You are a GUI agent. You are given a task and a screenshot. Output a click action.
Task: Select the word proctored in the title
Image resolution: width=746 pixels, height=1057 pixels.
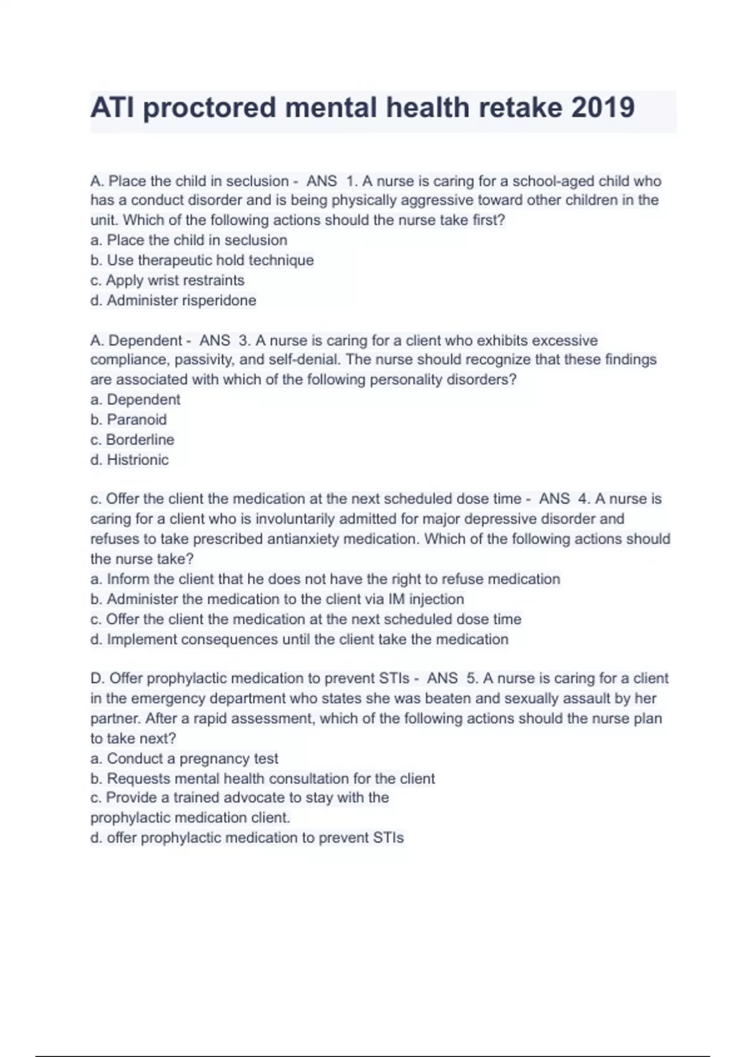pos(210,108)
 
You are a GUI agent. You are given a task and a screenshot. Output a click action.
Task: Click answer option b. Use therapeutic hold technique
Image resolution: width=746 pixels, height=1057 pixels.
pos(202,260)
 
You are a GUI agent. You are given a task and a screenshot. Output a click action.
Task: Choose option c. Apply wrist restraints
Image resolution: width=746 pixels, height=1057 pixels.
pos(167,280)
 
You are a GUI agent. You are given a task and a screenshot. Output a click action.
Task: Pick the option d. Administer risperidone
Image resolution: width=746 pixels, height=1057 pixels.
pos(173,300)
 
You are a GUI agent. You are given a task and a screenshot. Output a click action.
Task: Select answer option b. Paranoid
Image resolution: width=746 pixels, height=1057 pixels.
pos(129,420)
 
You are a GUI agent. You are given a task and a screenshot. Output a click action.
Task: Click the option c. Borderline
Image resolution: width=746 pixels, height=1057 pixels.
pos(132,440)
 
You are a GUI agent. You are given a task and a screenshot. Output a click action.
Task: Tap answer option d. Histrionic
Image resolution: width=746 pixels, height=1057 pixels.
pos(129,460)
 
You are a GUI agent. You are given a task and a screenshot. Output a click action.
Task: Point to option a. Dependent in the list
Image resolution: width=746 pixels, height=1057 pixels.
pos(136,399)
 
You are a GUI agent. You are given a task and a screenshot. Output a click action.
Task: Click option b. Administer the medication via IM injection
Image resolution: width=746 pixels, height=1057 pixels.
pos(277,599)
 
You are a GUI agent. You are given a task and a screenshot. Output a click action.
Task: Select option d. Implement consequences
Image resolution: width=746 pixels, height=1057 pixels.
pos(299,639)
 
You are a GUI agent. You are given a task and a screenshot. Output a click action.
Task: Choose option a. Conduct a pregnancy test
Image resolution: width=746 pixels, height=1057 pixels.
pos(184,759)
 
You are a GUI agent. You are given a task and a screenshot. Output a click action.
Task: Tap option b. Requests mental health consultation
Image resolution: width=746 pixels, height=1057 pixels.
pos(262,778)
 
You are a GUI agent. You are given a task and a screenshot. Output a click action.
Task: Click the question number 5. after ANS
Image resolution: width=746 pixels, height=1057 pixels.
pos(472,678)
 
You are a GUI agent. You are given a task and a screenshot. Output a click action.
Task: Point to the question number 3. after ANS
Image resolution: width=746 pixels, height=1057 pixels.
pos(245,341)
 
